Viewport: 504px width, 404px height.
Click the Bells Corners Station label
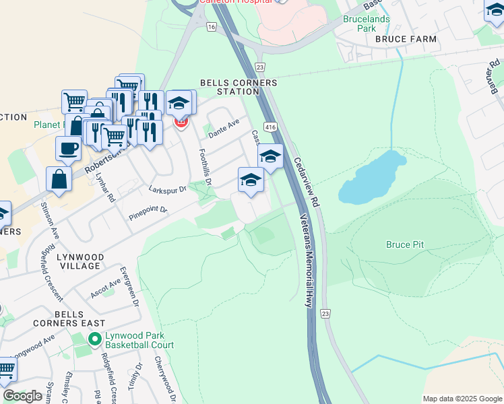[x=239, y=88]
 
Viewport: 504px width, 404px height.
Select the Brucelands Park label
[x=367, y=24]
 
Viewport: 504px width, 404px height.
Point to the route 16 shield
[x=211, y=27]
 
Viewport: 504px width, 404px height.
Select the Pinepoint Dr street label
[x=148, y=214]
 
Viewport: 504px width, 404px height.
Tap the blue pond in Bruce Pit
[x=371, y=178]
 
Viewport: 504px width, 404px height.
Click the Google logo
[x=23, y=395]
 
